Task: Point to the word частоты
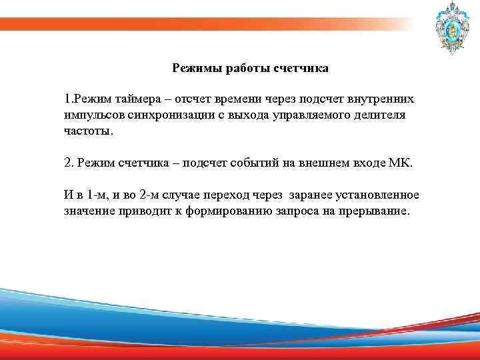[87, 131]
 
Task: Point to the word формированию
[213, 211]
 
